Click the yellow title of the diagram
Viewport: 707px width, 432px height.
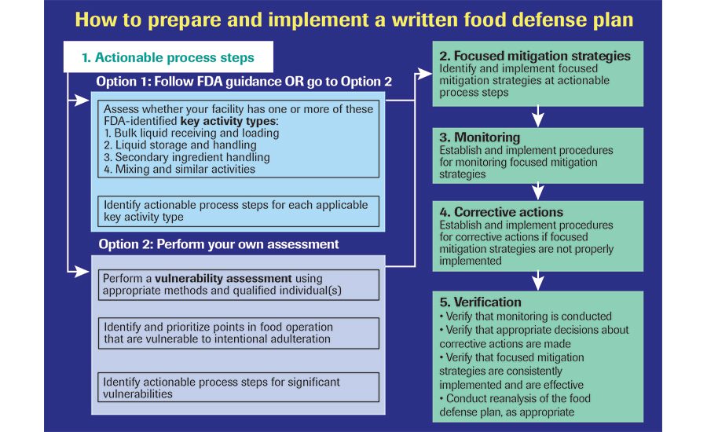click(354, 20)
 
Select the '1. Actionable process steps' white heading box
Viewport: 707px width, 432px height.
click(168, 57)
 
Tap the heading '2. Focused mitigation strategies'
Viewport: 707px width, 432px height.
click(535, 56)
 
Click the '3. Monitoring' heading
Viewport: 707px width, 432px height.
click(479, 137)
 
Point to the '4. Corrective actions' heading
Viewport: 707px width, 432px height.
click(501, 212)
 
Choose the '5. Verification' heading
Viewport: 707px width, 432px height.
click(480, 302)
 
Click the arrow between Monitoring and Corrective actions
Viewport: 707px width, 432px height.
click(537, 191)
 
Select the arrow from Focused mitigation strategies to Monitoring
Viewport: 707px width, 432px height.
click(537, 116)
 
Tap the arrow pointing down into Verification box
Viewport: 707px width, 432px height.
click(537, 280)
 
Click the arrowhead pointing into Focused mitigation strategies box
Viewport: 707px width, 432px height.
click(423, 74)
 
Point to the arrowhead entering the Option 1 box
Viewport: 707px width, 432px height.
click(81, 100)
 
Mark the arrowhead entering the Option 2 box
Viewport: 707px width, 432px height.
click(81, 272)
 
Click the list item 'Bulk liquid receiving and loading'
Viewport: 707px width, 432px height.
click(192, 133)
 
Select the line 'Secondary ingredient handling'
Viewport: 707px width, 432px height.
click(187, 157)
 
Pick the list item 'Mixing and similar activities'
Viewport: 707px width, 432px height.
click(179, 169)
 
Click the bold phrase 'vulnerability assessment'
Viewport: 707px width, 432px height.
click(223, 278)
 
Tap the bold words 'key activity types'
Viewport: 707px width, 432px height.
click(228, 121)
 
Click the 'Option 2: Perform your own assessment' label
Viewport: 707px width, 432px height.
click(218, 244)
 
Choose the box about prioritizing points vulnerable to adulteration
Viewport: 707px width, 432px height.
click(239, 333)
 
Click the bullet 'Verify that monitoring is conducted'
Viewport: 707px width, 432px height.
click(526, 316)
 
